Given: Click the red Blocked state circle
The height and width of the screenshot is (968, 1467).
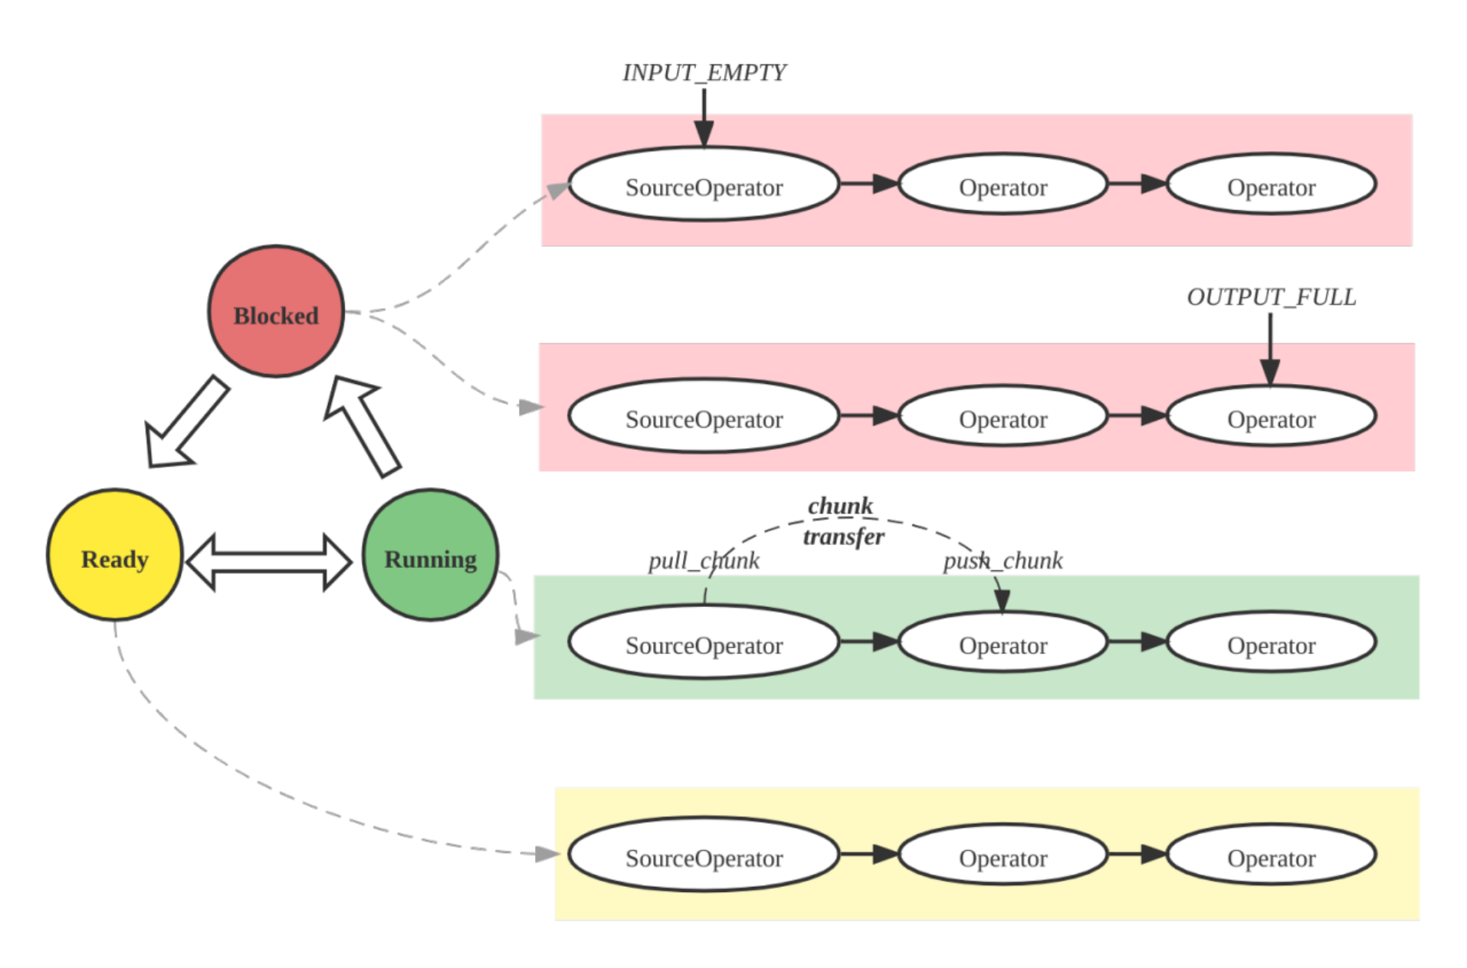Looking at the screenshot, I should [276, 312].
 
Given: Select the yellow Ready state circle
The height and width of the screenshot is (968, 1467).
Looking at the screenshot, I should [115, 555].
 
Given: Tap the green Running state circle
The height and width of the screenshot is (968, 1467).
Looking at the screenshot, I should [430, 555].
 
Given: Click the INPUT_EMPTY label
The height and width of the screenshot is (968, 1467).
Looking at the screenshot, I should [704, 73].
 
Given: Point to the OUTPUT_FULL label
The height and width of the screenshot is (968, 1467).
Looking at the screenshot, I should [1271, 297].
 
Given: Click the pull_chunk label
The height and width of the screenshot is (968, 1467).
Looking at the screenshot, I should [703, 561].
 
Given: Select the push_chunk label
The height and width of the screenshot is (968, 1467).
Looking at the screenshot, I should [1002, 561].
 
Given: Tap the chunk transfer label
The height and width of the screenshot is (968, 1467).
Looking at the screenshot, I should [842, 521].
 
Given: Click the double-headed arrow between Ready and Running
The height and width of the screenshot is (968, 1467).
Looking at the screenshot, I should [269, 562].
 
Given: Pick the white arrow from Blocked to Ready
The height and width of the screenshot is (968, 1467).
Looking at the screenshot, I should [187, 422].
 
